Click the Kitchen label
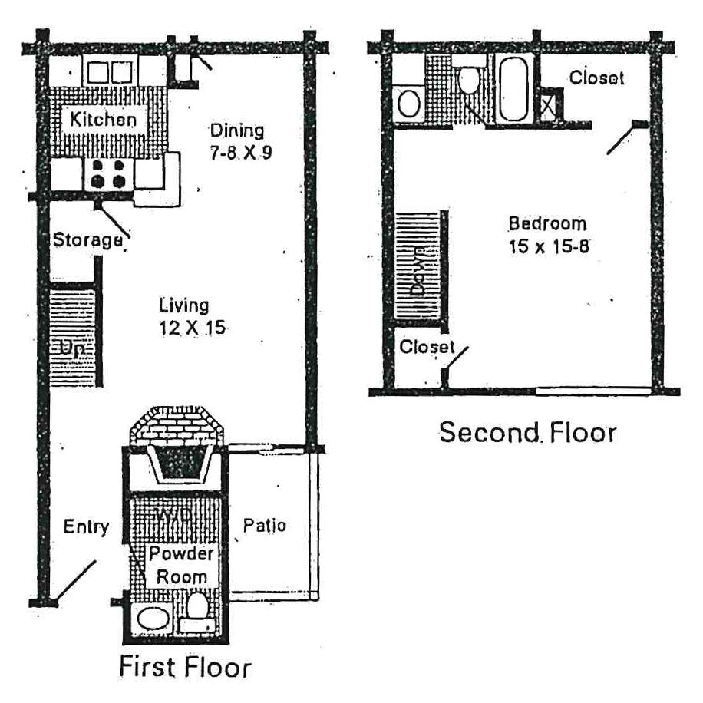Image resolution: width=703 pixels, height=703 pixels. point(104,120)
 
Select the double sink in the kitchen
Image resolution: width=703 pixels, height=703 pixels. point(109,72)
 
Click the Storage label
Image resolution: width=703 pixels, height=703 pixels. point(87,240)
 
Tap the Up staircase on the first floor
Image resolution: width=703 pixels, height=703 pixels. point(71,338)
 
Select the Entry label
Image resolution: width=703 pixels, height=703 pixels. point(86,527)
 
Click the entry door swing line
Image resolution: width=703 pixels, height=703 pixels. point(77,581)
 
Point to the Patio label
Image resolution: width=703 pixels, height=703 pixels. point(265,526)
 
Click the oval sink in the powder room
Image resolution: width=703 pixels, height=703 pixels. point(151,619)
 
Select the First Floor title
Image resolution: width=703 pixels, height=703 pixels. point(184,666)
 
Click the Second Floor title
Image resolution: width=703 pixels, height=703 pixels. point(527,432)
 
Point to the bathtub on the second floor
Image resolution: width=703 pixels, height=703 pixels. point(513,91)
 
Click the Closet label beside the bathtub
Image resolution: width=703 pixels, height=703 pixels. point(596,78)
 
